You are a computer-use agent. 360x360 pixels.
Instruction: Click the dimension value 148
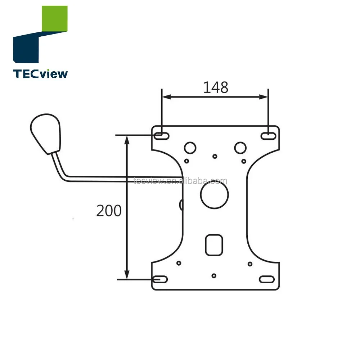click(x=215, y=87)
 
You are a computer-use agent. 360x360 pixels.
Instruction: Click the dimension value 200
click(x=109, y=211)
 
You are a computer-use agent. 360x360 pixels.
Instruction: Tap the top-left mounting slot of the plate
click(x=162, y=136)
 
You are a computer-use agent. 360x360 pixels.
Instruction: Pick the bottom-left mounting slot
click(x=160, y=279)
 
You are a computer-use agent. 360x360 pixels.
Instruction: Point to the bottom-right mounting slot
click(x=266, y=279)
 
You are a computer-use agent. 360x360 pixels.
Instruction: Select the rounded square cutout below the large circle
click(x=213, y=245)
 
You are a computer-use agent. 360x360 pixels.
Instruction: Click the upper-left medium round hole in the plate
click(x=190, y=147)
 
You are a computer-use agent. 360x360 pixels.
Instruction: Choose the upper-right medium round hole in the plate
click(x=240, y=147)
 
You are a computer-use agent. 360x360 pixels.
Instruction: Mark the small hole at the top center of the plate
click(x=215, y=156)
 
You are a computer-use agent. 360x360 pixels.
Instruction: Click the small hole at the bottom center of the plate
click(x=214, y=276)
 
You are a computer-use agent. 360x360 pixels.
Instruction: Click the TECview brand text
click(x=40, y=74)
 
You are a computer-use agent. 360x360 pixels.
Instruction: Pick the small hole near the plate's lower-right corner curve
click(x=250, y=264)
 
